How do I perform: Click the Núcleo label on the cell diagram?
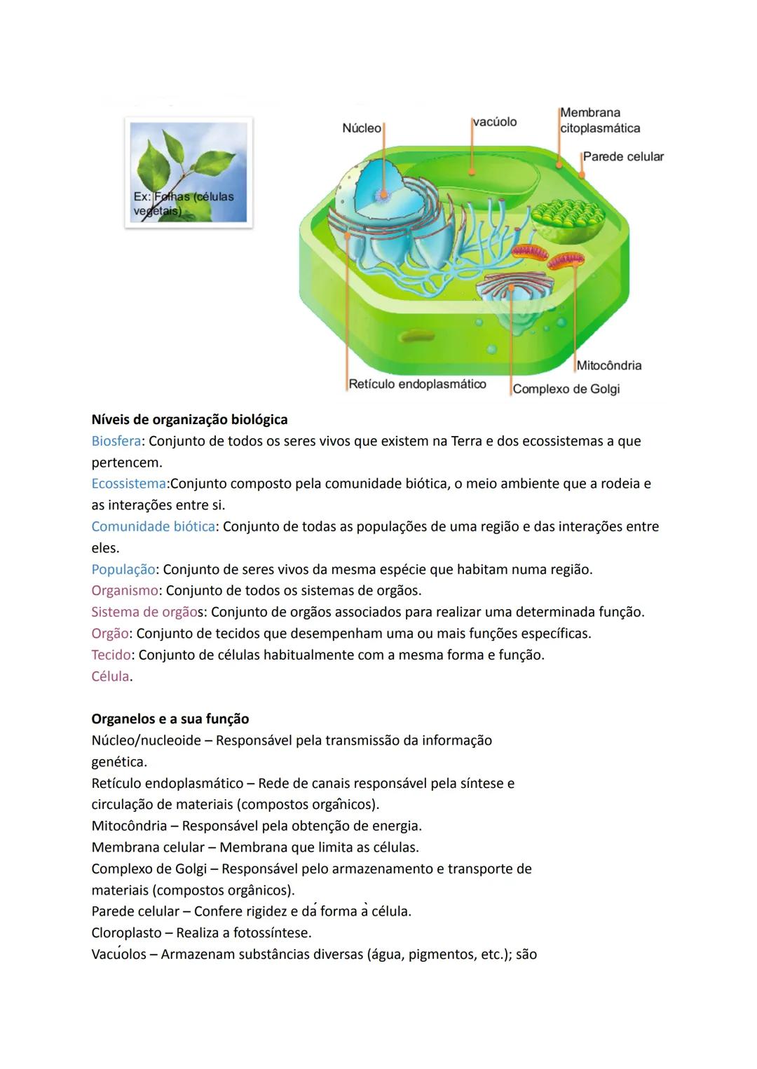[x=361, y=128]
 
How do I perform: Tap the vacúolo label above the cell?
[x=495, y=122]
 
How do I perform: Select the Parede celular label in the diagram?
[x=623, y=157]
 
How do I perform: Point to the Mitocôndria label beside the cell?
[x=608, y=365]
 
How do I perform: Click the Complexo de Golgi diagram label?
[x=566, y=389]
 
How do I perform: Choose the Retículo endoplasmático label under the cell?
[x=417, y=384]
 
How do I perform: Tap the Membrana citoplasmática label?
[x=599, y=121]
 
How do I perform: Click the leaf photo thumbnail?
[x=189, y=172]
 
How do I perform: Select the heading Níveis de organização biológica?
[x=189, y=420]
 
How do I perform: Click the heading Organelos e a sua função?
[x=170, y=719]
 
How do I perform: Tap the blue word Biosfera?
[x=116, y=442]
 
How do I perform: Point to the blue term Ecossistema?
[x=128, y=484]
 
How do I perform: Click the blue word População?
[x=123, y=570]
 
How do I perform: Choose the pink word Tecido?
[x=111, y=655]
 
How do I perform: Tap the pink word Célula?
[x=110, y=677]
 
